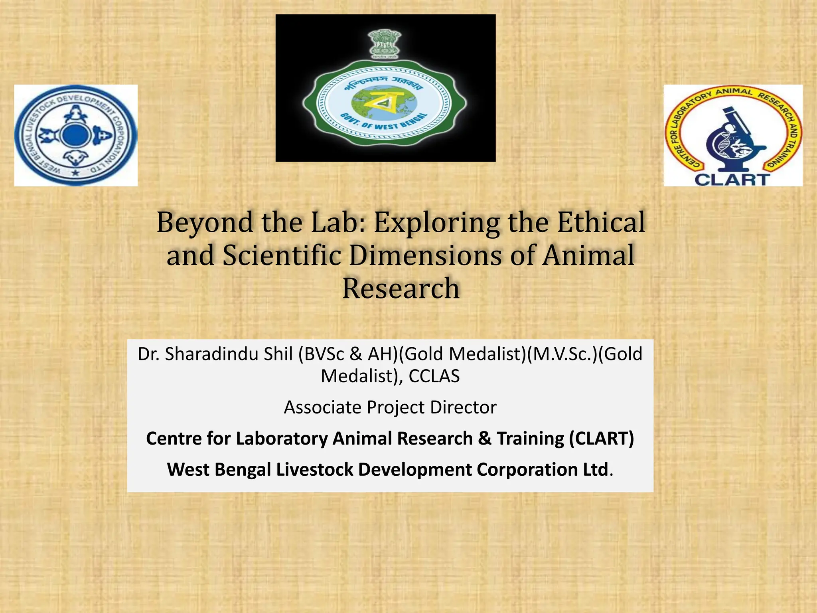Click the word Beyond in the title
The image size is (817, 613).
(205, 223)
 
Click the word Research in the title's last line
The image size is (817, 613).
(401, 288)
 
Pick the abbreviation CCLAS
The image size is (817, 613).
(434, 376)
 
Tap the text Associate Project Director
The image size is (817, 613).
(390, 407)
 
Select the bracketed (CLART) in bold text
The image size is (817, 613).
(601, 438)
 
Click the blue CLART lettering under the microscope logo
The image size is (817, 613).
(732, 179)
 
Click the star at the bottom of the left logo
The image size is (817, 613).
(75, 173)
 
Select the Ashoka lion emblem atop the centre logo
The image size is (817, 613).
(385, 44)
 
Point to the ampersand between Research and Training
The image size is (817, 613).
(484, 438)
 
